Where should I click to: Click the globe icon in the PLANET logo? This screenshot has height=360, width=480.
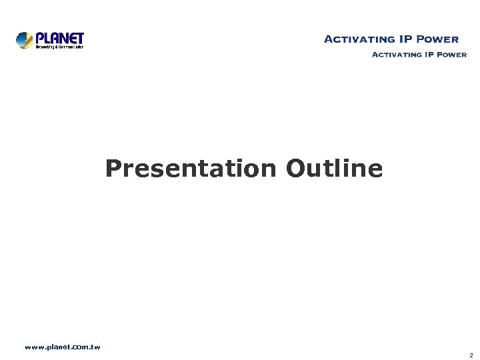click(25, 40)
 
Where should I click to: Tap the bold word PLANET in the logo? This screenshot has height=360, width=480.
click(59, 38)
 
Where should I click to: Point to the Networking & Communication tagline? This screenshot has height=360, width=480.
click(59, 47)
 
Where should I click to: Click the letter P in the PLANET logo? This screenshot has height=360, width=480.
click(39, 38)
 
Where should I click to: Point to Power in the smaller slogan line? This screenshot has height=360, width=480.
click(453, 55)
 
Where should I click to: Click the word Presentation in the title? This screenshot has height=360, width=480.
click(191, 169)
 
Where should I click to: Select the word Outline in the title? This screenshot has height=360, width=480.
click(335, 169)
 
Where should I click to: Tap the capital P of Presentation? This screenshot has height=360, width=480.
click(113, 169)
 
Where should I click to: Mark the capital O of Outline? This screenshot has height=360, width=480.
click(295, 169)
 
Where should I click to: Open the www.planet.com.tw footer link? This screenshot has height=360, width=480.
click(62, 347)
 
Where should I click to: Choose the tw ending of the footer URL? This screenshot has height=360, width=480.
click(95, 347)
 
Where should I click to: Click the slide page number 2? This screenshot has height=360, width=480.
click(471, 355)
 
